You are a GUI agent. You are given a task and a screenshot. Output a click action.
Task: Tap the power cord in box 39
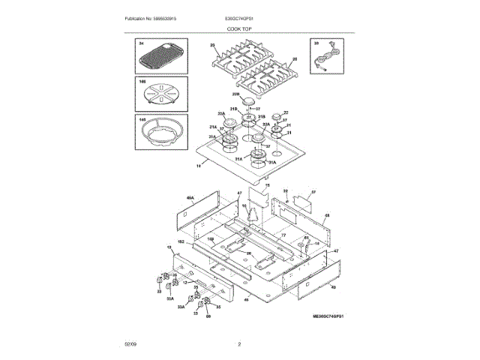point(326,58)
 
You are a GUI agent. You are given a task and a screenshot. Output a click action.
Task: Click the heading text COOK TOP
point(240,28)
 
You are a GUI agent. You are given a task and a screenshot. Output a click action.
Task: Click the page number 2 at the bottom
point(239,344)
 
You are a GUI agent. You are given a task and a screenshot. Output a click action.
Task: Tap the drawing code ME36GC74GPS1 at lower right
point(332,318)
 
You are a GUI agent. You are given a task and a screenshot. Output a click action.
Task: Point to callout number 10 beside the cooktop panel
point(199,169)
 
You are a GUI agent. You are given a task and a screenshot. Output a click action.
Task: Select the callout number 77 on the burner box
point(283,235)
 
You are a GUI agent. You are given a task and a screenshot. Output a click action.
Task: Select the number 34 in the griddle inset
point(139,44)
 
